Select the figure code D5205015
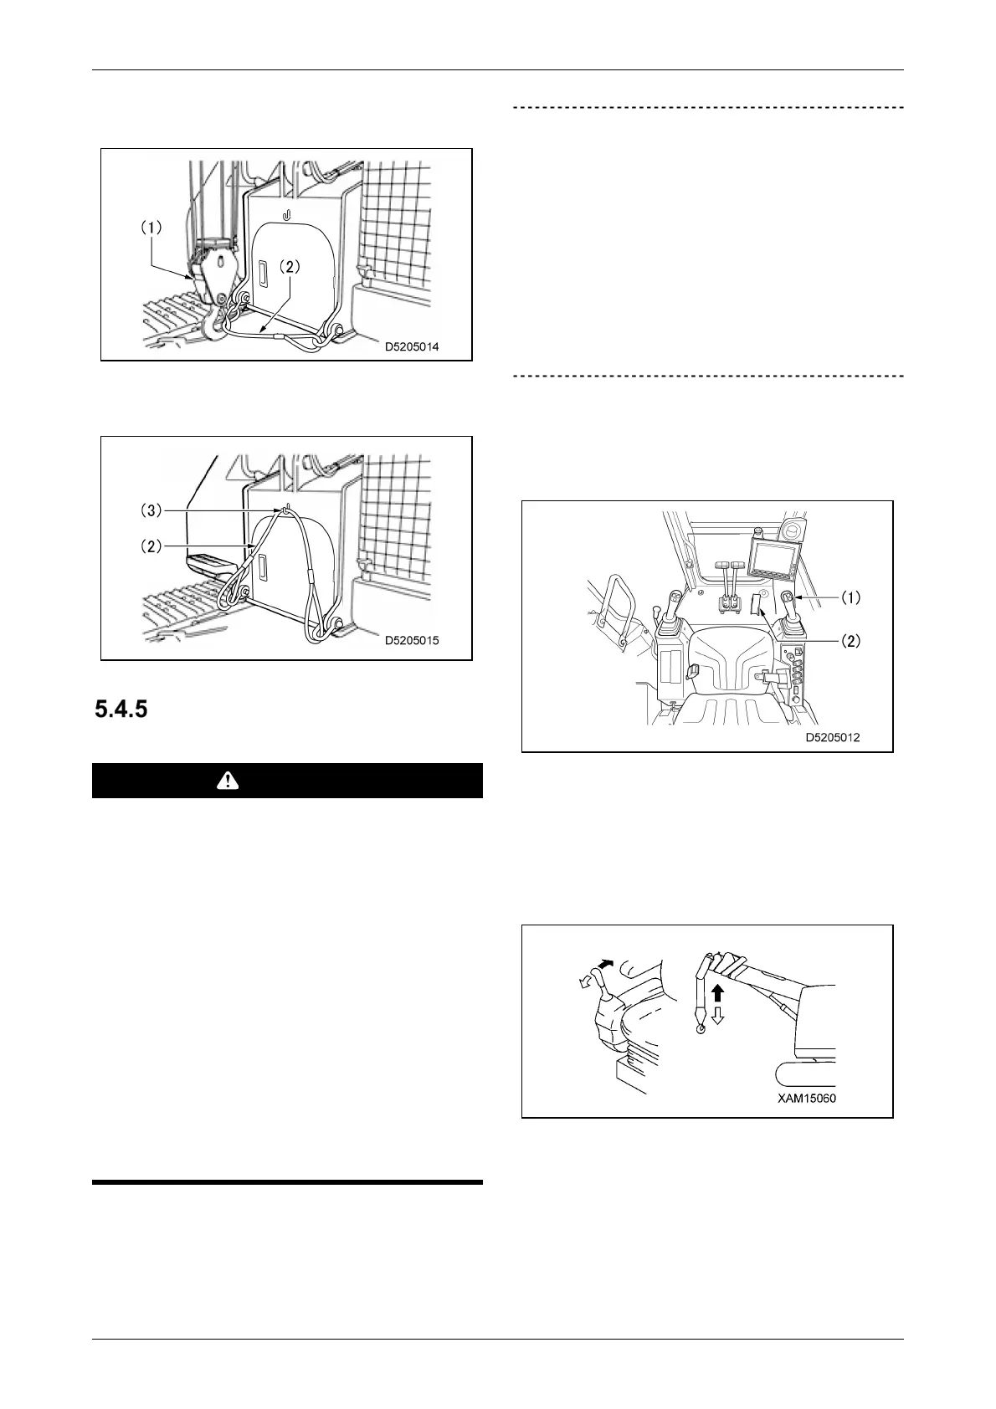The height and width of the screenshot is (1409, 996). tap(413, 641)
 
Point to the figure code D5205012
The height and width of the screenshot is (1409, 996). tap(833, 738)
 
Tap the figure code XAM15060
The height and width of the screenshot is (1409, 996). tap(807, 1099)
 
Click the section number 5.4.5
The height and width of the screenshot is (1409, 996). tap(121, 710)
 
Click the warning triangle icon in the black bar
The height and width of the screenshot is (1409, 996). tap(227, 781)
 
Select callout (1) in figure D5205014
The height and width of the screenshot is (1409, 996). tap(151, 227)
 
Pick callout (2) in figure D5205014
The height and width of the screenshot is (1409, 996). tap(288, 269)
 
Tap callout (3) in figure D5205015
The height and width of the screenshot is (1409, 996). tap(151, 510)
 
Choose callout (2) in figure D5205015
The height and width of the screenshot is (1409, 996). tap(151, 546)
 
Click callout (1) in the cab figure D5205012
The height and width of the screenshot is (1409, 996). tap(850, 597)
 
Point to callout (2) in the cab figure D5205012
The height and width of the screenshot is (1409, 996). tap(850, 642)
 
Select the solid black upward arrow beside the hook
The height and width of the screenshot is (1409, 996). tap(717, 995)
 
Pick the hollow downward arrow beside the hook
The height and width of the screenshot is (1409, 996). tap(717, 1016)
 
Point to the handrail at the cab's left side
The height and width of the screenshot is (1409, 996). tap(617, 607)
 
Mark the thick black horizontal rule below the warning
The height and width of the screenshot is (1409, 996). tap(287, 1182)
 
